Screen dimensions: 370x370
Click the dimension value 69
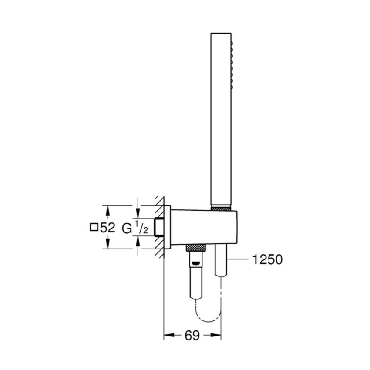coord(192,336)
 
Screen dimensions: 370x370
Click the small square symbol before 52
coord(93,227)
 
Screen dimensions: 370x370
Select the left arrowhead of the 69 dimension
coord(167,336)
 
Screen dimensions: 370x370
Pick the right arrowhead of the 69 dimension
coord(218,336)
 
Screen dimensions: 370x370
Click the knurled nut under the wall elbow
coord(196,247)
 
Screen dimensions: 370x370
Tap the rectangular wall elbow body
coord(205,226)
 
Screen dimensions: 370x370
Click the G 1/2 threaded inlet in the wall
coord(160,226)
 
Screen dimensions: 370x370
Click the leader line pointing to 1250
coord(237,260)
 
